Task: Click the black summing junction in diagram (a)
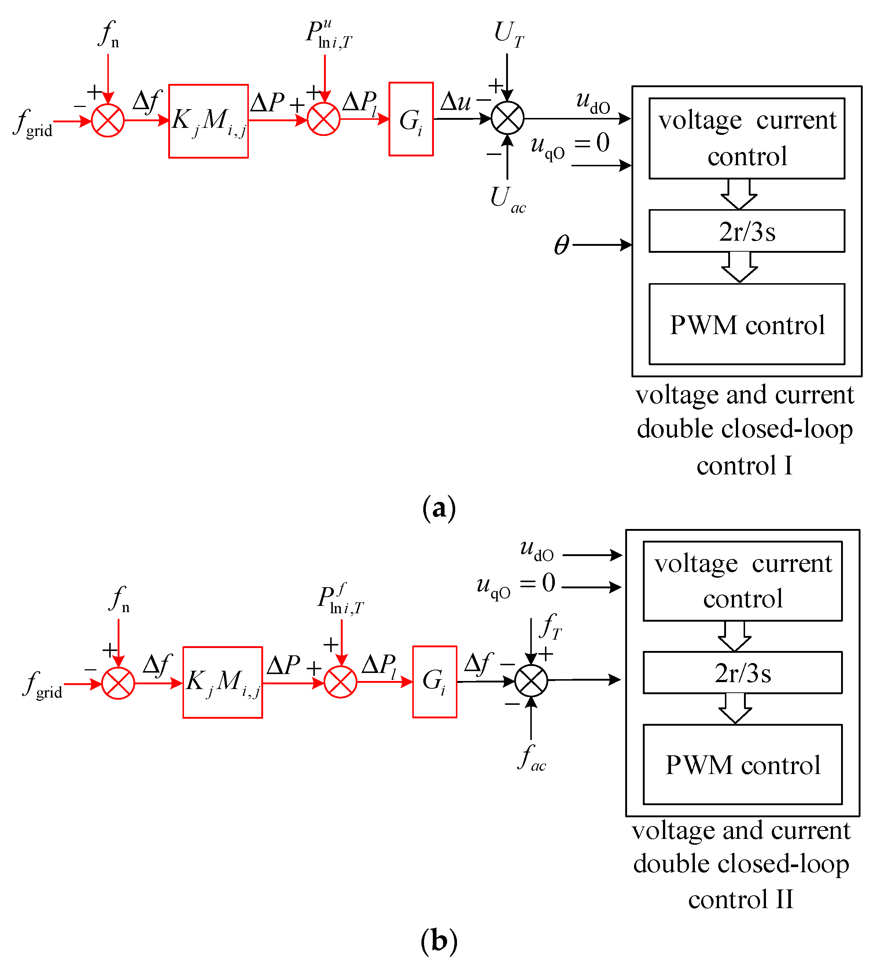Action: (507, 118)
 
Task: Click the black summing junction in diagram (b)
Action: (531, 680)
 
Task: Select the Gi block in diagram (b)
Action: (434, 681)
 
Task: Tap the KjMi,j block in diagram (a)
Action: (209, 121)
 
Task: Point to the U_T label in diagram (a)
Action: (509, 34)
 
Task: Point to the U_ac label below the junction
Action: (507, 199)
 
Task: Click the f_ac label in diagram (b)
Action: (531, 758)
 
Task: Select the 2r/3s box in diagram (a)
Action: (747, 231)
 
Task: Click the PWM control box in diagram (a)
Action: (747, 325)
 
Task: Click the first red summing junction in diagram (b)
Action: (118, 683)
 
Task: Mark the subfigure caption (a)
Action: (439, 508)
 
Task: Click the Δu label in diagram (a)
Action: (455, 101)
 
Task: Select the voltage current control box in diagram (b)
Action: (742, 581)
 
